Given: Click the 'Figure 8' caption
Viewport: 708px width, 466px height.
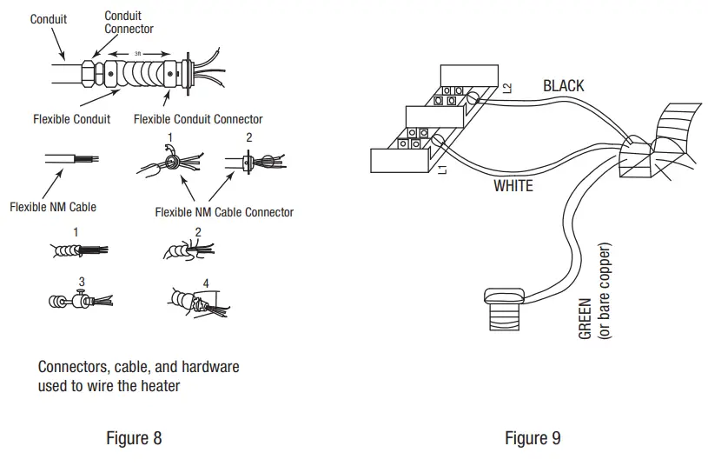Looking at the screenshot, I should click(x=134, y=438).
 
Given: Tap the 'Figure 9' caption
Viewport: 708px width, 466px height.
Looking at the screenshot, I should click(x=533, y=438).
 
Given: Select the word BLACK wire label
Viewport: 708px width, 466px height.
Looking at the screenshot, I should click(x=564, y=86).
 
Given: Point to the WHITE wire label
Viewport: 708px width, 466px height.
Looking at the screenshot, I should click(x=513, y=186).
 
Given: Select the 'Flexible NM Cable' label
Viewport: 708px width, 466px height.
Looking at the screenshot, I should click(x=53, y=207).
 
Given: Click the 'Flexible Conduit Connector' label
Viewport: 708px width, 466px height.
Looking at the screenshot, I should click(x=198, y=119).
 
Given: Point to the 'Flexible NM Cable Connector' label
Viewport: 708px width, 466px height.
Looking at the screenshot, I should click(x=224, y=212).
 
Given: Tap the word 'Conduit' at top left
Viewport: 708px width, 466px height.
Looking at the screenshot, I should click(x=49, y=19).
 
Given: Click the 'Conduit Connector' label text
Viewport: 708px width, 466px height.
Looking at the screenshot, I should click(x=129, y=23).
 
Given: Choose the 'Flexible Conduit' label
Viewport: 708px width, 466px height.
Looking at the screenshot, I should click(x=72, y=119).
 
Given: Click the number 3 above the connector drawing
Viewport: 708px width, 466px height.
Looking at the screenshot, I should click(x=82, y=282).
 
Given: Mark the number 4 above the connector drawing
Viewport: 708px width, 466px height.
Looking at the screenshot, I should click(x=206, y=283).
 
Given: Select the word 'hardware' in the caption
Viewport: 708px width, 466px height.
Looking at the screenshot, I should click(x=210, y=366).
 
